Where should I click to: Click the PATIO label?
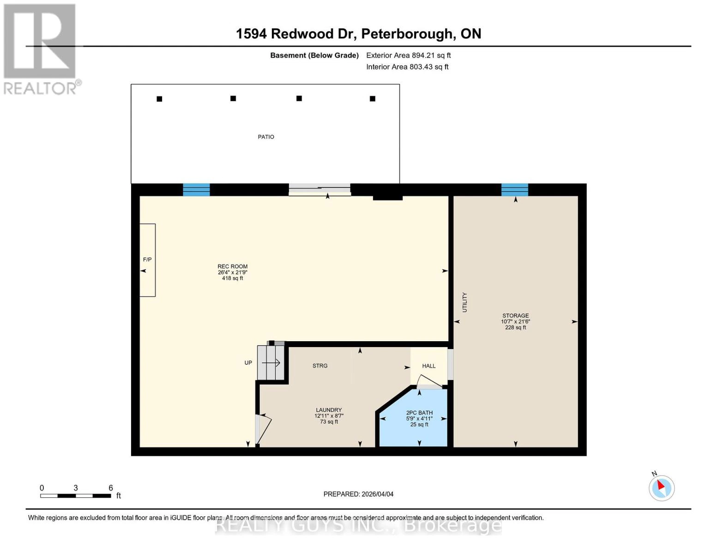click(x=266, y=137)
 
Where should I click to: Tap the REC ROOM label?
click(x=233, y=266)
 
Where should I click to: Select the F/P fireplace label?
click(x=147, y=260)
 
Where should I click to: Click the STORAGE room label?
click(x=516, y=316)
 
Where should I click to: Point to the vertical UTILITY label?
click(x=465, y=302)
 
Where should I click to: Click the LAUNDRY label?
click(x=329, y=410)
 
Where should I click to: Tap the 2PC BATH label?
click(x=419, y=413)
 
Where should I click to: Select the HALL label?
click(x=429, y=366)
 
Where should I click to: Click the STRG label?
click(x=320, y=366)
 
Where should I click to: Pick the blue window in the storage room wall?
click(x=515, y=190)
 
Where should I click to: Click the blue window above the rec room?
click(x=196, y=190)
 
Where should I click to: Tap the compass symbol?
click(x=662, y=488)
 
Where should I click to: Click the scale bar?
click(x=75, y=496)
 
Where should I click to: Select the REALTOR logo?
click(x=41, y=48)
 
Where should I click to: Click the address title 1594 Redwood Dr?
click(x=358, y=34)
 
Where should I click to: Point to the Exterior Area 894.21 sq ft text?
click(x=408, y=55)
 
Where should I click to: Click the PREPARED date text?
click(x=358, y=494)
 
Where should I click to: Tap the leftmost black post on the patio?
click(x=159, y=99)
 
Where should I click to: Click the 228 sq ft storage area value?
click(x=516, y=327)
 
